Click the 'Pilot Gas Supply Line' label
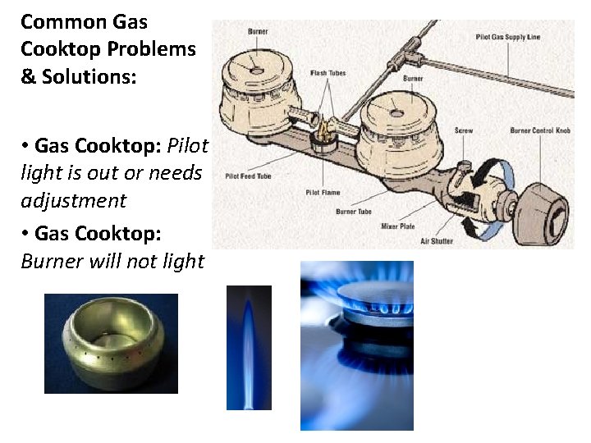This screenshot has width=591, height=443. point(508,37)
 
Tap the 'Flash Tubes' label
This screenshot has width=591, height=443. point(329,73)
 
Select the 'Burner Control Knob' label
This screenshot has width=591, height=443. point(538,130)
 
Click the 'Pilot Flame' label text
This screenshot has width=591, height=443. point(323,192)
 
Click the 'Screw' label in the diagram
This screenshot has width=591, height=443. point(465,130)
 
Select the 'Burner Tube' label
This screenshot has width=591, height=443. point(354,212)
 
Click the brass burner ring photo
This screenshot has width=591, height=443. point(111,344)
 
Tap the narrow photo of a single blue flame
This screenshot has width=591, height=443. point(249,347)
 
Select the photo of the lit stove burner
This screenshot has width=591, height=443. point(357,345)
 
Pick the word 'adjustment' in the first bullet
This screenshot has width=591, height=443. point(74,200)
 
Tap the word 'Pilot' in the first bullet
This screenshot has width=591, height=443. point(188,146)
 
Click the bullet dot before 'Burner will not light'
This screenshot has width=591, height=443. point(26,234)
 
